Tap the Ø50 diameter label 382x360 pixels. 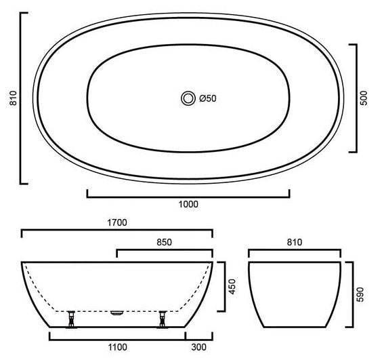coord(208,98)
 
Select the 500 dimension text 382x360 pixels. coord(364,98)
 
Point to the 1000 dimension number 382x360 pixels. coord(188,204)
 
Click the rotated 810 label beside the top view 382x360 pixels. coord(13,98)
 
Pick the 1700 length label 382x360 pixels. coord(117,222)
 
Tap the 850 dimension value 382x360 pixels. coord(164,242)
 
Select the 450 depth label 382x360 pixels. coord(232,287)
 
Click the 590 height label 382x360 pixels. coord(360,295)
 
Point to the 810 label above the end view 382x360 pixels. coord(295,242)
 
